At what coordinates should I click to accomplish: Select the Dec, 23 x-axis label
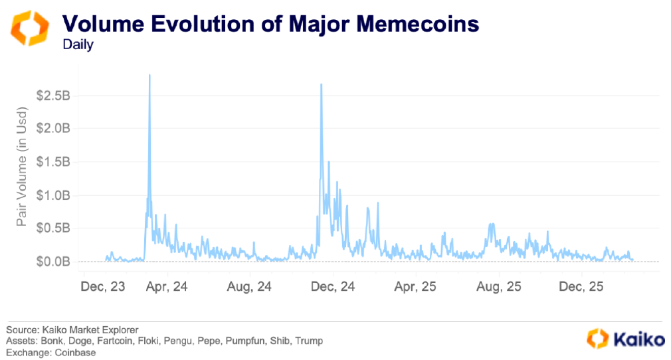point(102,287)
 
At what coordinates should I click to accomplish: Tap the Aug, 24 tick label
point(250,287)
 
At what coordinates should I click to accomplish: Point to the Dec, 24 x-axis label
point(333,287)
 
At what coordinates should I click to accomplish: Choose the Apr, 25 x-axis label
point(415,287)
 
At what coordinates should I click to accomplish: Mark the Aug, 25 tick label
point(498,287)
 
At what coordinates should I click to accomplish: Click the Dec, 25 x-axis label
point(581,287)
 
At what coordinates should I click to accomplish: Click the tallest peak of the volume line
point(149,76)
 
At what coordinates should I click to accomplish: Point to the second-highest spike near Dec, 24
point(322,85)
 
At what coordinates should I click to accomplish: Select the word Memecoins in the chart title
point(411,24)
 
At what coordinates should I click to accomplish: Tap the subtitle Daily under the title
point(78,45)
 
